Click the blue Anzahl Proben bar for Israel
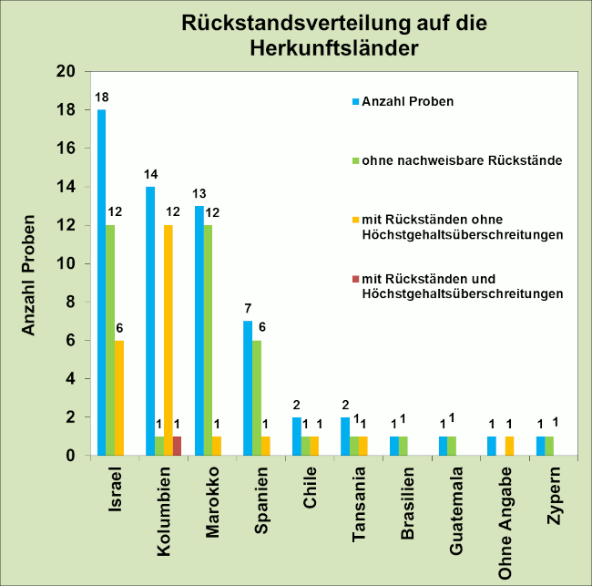coord(101,282)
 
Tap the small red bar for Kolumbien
coord(179,446)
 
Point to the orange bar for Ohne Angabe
coord(510,446)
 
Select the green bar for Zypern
coord(550,446)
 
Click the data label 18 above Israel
coord(101,98)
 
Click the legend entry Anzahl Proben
coord(407,101)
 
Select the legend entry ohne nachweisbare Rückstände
coord(447,161)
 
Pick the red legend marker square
coord(355,278)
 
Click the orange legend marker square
coord(355,220)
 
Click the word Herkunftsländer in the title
coord(333,47)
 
